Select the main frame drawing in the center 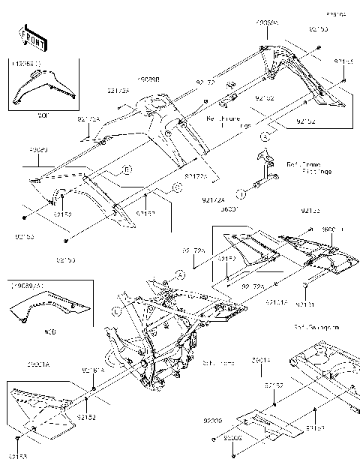(x=161, y=337)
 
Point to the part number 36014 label (x=260, y=360)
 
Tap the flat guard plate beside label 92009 (x=259, y=424)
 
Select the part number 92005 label (x=231, y=436)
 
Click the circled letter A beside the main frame (x=181, y=275)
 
